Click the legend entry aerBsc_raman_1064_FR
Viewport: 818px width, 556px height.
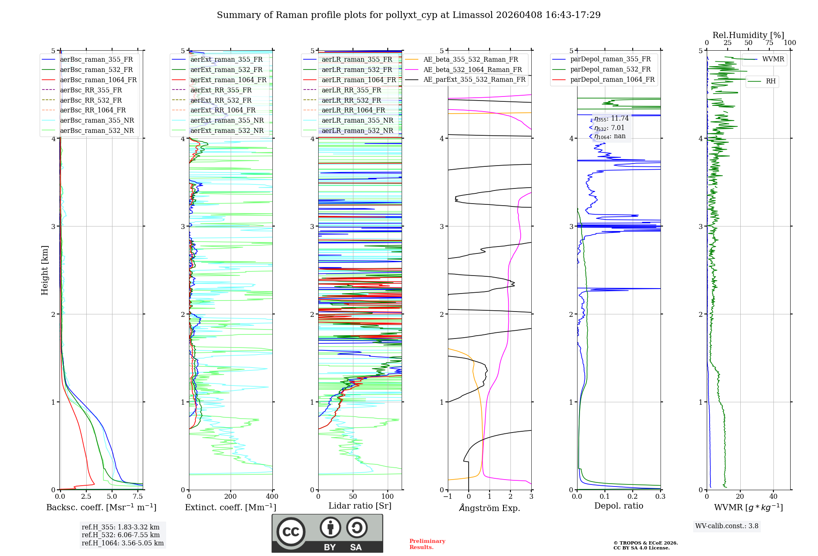[x=98, y=80]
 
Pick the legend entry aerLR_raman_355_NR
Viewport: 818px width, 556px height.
[x=357, y=121]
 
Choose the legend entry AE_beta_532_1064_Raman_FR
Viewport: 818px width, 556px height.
[x=472, y=70]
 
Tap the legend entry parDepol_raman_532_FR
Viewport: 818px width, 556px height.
[x=610, y=69]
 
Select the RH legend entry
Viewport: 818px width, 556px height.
[x=771, y=81]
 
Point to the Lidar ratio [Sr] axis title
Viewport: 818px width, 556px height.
[x=360, y=506]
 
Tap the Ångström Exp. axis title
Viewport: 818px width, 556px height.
[x=490, y=508]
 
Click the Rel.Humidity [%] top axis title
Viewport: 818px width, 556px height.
[x=748, y=35]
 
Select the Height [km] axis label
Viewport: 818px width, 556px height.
[x=45, y=270]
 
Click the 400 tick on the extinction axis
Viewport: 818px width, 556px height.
[x=272, y=497]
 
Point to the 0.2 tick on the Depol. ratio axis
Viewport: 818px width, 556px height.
[x=633, y=497]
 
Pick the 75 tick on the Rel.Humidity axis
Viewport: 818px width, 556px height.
[x=769, y=43]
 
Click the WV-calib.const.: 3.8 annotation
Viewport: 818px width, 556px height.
[x=727, y=526]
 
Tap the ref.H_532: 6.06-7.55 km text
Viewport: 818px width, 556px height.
[x=121, y=535]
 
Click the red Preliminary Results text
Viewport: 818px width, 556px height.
[x=427, y=544]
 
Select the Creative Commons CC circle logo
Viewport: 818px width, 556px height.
[x=291, y=532]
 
